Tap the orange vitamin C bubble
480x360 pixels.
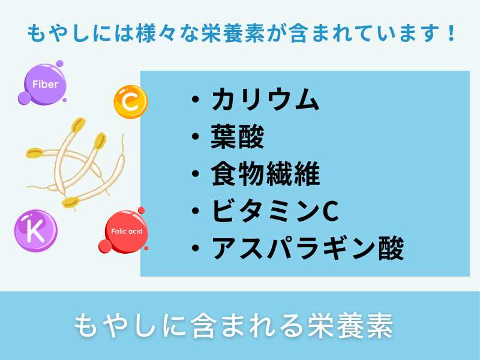(130, 102)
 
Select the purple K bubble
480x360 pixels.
(35, 229)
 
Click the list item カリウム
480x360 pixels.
(265, 100)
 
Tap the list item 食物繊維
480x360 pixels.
(265, 175)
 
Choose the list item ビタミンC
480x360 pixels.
(275, 211)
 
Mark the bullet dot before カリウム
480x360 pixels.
(195, 101)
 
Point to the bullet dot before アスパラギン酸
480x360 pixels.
(195, 248)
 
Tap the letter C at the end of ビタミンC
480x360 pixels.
(331, 212)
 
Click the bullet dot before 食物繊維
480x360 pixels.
(195, 175)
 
